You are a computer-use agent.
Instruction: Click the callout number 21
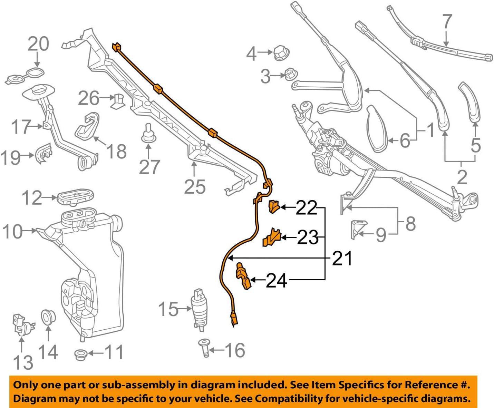[342, 258]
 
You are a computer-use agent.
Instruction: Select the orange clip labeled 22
[274, 206]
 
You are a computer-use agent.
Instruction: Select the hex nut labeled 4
[281, 53]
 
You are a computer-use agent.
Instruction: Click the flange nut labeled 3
[289, 75]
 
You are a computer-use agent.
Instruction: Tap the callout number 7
[447, 22]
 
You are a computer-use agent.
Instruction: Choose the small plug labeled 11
[80, 354]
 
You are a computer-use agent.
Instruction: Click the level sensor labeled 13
[21, 324]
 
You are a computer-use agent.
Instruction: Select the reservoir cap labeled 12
[75, 197]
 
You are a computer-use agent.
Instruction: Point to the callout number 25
[195, 187]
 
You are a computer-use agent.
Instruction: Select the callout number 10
[12, 231]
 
